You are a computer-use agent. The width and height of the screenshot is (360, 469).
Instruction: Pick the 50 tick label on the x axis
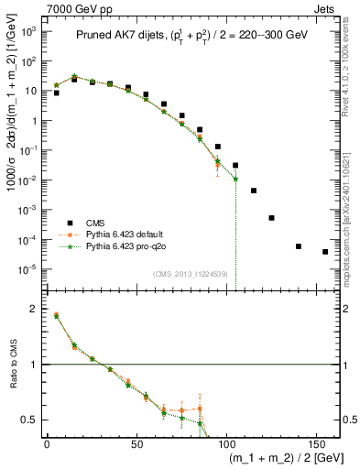click(x=136, y=442)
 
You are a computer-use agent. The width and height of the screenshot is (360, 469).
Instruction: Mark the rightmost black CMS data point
click(x=325, y=252)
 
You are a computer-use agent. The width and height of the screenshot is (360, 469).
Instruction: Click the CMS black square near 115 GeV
click(x=254, y=191)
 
